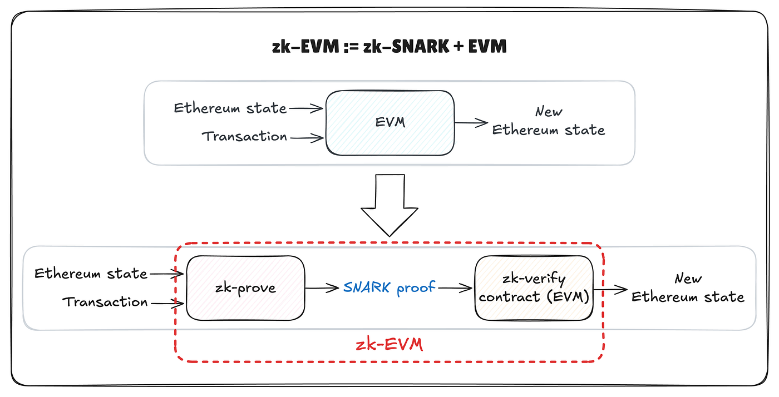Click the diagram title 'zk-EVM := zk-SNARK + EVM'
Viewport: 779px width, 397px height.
point(389,46)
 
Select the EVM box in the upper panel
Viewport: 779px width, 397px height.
point(389,122)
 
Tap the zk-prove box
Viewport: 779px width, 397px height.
point(245,288)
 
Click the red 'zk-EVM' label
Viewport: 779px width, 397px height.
point(389,345)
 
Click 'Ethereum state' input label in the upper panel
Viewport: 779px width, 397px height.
point(230,108)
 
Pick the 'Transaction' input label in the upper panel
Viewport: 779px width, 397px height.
point(244,136)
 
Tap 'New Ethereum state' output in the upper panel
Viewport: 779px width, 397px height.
point(548,121)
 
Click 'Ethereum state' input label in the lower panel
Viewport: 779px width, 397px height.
point(91,274)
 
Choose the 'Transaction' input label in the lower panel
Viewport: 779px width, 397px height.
point(105,302)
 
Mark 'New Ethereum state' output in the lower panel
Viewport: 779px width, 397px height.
point(688,288)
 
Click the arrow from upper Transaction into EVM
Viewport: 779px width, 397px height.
point(307,137)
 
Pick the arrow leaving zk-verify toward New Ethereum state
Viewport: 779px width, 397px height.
point(610,289)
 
